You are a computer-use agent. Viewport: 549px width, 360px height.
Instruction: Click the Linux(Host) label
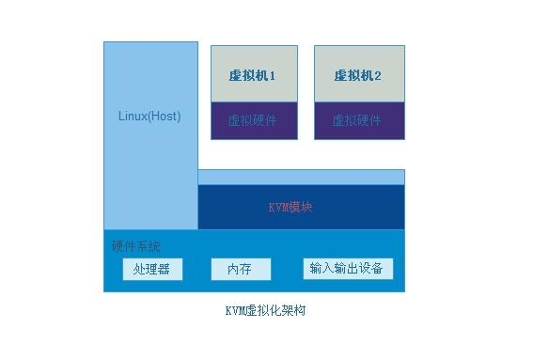click(149, 117)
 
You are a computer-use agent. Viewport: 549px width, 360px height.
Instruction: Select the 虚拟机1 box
click(254, 74)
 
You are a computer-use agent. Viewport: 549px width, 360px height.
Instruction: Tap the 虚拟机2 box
click(357, 74)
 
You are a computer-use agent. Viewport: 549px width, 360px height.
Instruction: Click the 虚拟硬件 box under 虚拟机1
click(254, 120)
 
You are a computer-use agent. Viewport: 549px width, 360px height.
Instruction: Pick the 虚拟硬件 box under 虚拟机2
click(357, 120)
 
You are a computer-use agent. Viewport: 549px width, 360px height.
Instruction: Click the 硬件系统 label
click(136, 247)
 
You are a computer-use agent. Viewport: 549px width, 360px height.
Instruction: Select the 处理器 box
click(151, 270)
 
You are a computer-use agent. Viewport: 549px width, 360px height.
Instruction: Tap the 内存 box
click(240, 270)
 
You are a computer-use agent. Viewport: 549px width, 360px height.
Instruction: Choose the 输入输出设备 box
click(347, 269)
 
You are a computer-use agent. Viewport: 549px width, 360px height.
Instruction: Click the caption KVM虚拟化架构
click(264, 311)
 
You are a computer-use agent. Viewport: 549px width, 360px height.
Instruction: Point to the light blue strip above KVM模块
click(301, 177)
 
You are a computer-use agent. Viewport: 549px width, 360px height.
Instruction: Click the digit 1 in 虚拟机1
click(272, 75)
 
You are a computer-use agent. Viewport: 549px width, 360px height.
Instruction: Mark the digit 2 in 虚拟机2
click(376, 75)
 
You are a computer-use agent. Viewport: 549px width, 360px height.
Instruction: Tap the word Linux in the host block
click(133, 117)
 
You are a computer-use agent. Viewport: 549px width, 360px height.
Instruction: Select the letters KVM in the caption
click(234, 311)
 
